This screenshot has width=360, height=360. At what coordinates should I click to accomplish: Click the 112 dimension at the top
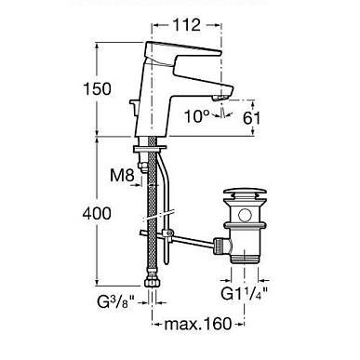click(x=186, y=25)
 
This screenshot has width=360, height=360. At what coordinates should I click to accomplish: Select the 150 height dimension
click(x=97, y=88)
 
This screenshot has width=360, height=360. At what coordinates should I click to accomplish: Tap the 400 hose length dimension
click(x=97, y=214)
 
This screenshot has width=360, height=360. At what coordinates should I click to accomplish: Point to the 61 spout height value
click(x=251, y=118)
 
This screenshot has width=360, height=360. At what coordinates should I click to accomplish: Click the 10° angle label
click(x=197, y=116)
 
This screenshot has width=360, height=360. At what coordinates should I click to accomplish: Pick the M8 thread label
click(x=122, y=176)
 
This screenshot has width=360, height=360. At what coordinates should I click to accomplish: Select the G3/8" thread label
click(x=116, y=302)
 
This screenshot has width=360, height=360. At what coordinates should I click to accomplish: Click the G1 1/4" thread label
click(x=245, y=292)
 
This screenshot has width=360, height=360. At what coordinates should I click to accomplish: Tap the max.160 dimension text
click(x=198, y=324)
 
